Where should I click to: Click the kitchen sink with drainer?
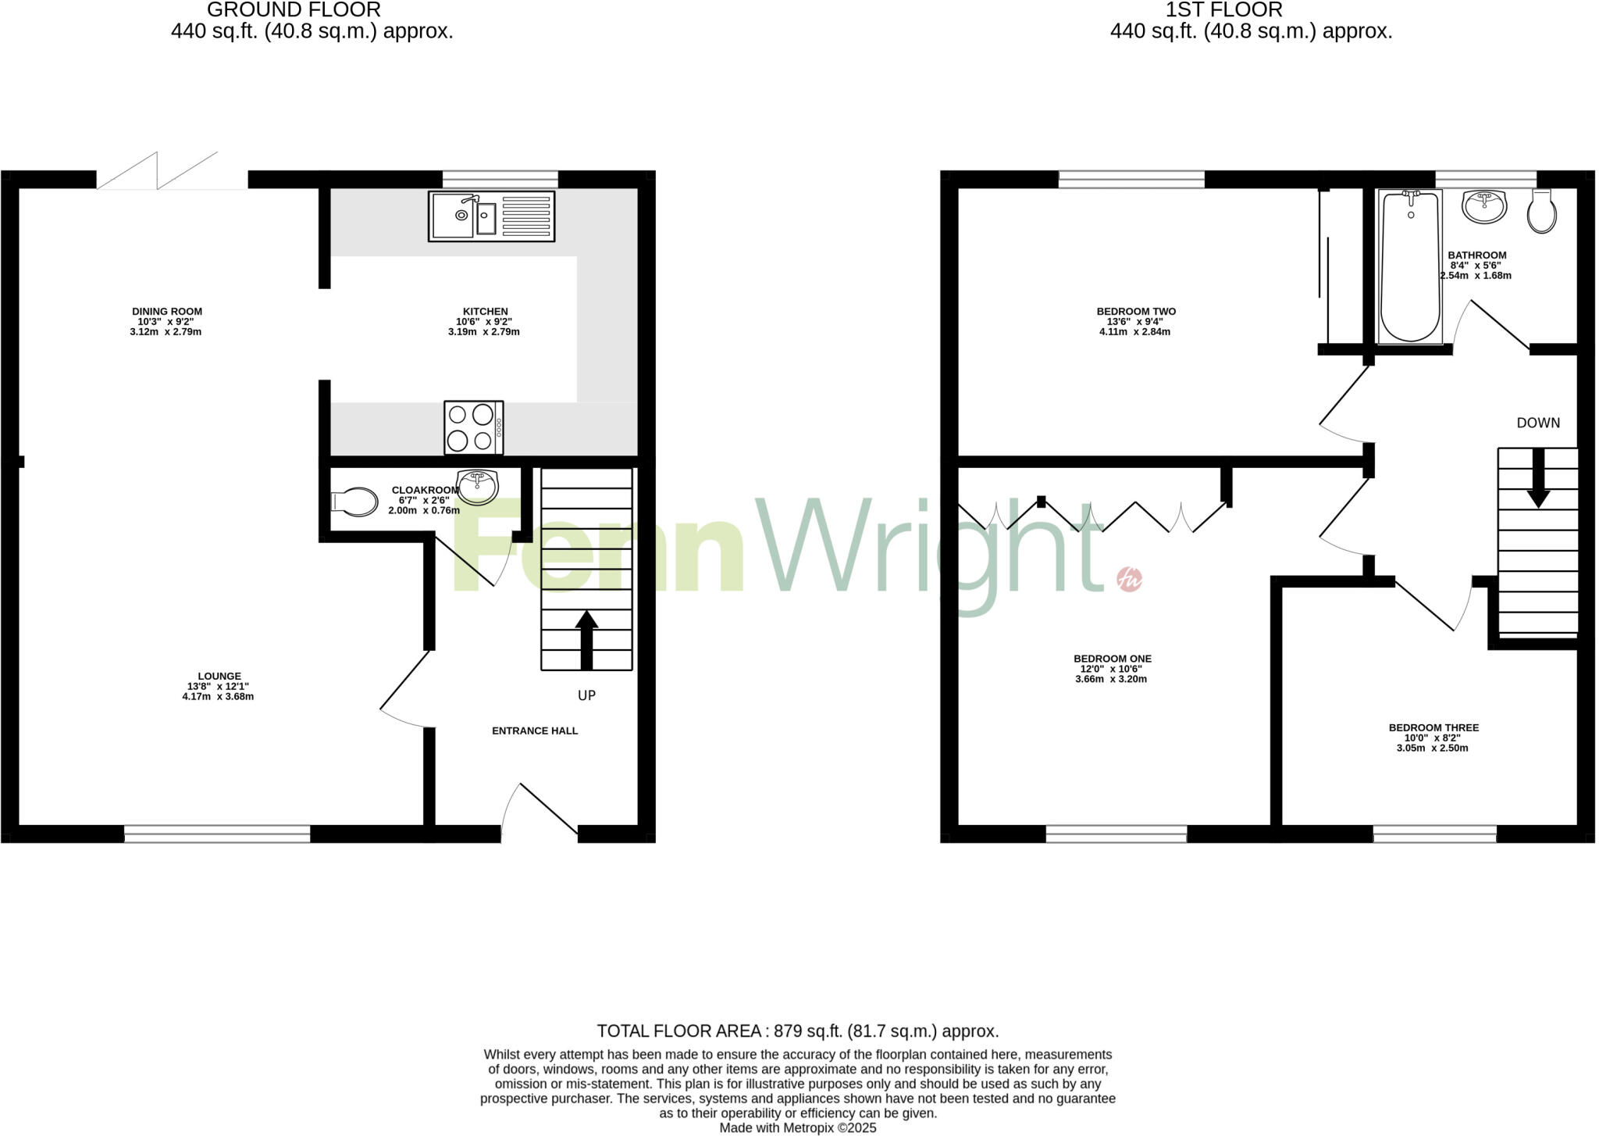(x=491, y=216)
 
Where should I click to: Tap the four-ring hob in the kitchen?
(x=473, y=427)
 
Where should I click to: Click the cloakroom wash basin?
(x=477, y=487)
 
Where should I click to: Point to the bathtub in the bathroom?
(x=1410, y=266)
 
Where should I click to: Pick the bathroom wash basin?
(x=1484, y=206)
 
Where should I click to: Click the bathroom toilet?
(x=1541, y=211)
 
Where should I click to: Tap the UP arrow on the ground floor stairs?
(x=586, y=640)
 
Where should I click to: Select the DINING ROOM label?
(x=166, y=312)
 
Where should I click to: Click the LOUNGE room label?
(x=219, y=677)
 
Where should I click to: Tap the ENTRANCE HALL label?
(x=535, y=731)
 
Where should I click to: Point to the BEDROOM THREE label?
(x=1433, y=728)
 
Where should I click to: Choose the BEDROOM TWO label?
(x=1136, y=312)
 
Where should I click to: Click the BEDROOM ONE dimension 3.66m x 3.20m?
(x=1111, y=680)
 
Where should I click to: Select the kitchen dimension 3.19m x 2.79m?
(x=484, y=332)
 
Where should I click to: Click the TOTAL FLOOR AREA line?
(x=798, y=1031)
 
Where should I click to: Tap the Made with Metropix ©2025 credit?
(x=798, y=1128)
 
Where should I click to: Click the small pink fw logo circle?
(x=1129, y=579)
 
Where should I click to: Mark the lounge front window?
(x=217, y=834)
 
